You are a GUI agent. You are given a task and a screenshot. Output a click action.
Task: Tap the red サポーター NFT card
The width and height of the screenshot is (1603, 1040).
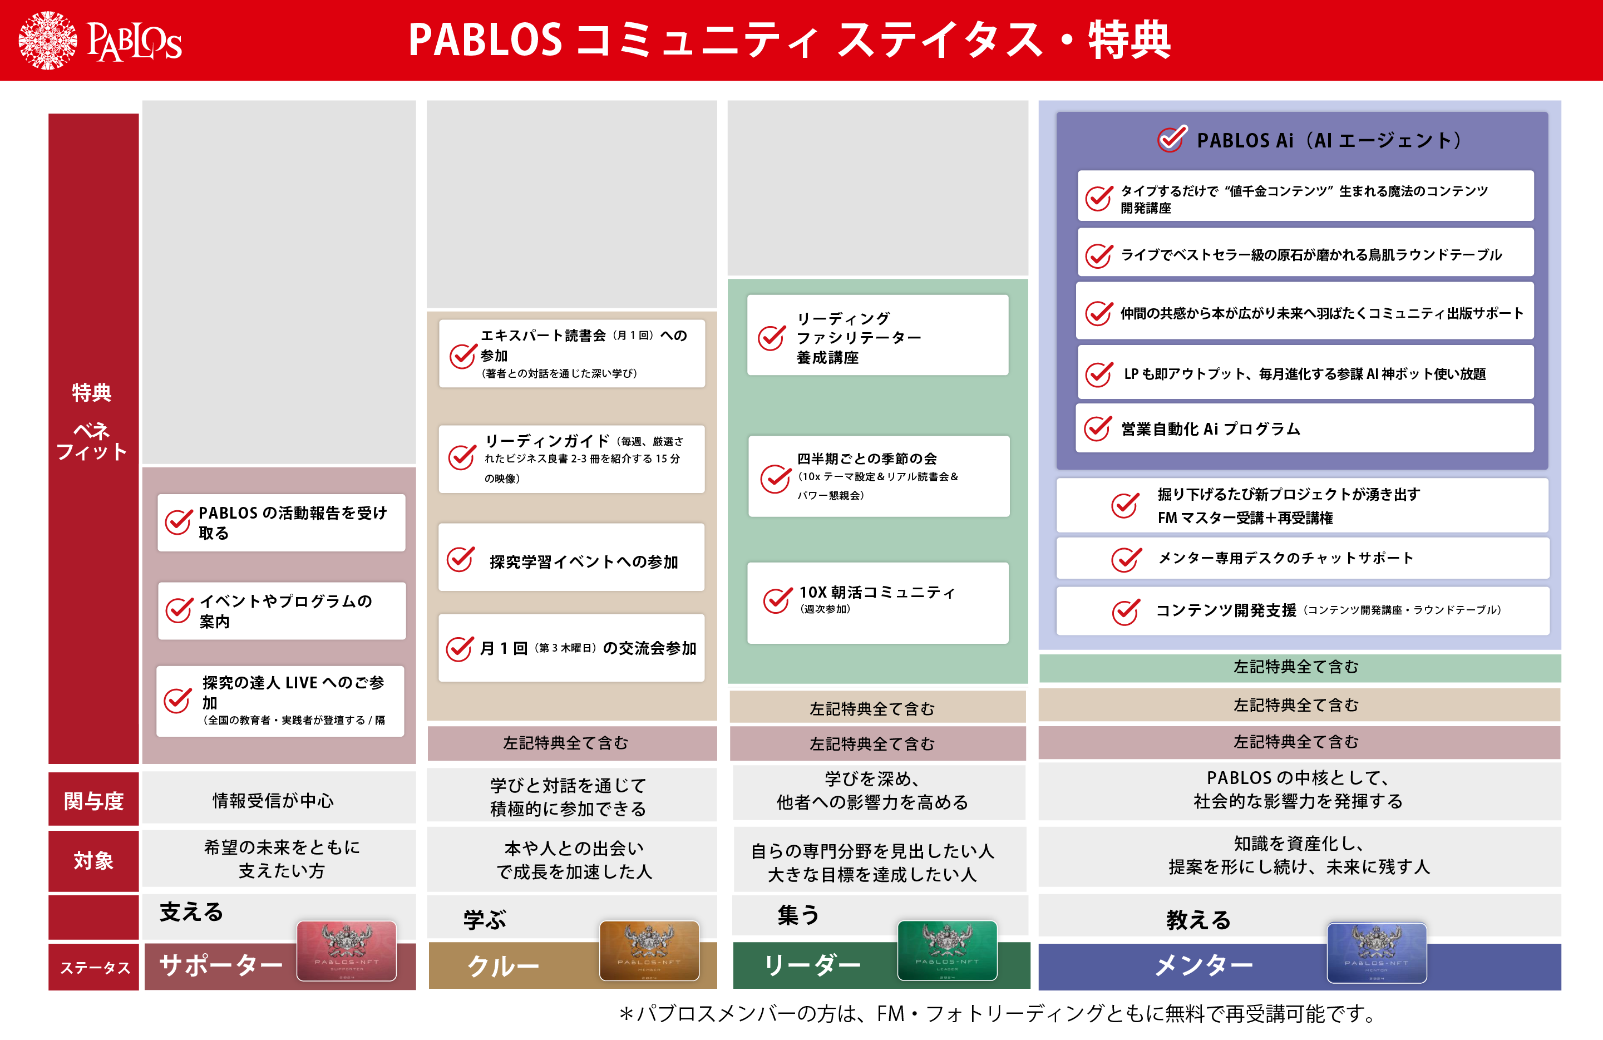coord(346,950)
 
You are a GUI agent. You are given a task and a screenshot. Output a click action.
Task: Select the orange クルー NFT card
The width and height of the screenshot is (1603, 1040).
coord(649,950)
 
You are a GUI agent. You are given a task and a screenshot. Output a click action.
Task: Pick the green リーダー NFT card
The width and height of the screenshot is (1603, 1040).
coord(947,950)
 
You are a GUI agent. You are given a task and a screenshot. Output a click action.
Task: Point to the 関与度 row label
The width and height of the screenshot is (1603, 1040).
coord(93,800)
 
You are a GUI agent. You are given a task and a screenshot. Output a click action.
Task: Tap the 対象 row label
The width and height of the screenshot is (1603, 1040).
coord(93,860)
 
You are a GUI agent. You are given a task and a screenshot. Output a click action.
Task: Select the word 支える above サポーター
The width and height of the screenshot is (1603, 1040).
coord(191,912)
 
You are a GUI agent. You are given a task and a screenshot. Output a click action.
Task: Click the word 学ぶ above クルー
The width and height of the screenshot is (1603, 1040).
coord(484,919)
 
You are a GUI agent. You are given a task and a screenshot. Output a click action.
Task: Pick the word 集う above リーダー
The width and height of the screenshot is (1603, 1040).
coord(798,915)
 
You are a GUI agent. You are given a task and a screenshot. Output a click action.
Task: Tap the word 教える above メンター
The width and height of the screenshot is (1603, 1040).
coord(1198,919)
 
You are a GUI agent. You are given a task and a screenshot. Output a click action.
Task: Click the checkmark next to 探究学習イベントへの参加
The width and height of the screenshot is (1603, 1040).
coord(461,559)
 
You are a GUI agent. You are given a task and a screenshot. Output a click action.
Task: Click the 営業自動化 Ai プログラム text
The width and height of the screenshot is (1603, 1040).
coord(1210,429)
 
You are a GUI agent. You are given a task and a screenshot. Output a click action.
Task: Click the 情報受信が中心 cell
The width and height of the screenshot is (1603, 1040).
coord(273,800)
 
